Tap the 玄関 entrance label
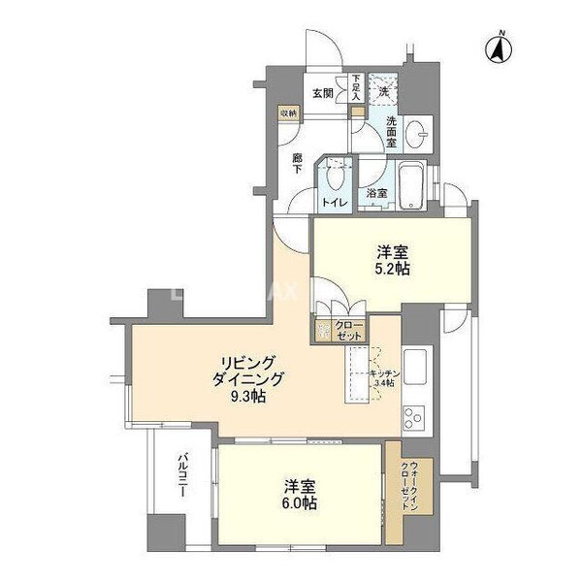tap(323, 94)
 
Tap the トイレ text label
tap(335, 203)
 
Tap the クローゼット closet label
tap(349, 330)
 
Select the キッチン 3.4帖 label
tap(381, 376)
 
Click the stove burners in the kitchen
tap(414, 420)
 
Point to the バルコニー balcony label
tap(182, 477)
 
